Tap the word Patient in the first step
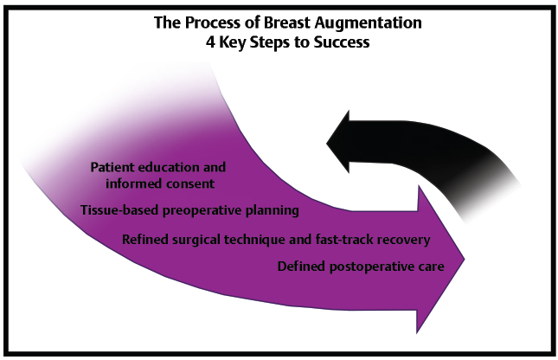click(112, 166)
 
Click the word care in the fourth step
click(431, 267)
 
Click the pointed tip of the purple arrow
click(466, 257)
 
